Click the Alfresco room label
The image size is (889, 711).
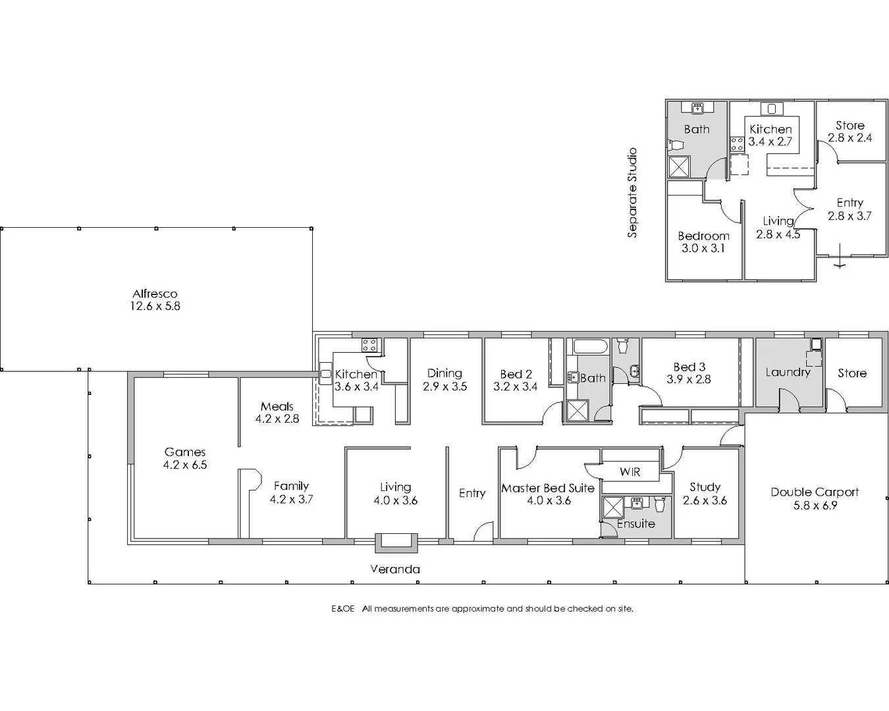click(x=155, y=294)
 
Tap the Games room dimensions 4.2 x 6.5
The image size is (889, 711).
click(x=185, y=465)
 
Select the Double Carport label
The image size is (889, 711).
click(x=815, y=492)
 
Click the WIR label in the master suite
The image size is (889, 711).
click(x=630, y=472)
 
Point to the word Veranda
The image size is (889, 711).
click(x=395, y=569)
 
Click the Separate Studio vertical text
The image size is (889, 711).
click(x=632, y=193)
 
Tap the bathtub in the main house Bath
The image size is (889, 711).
click(x=588, y=347)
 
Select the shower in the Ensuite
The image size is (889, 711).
click(x=613, y=508)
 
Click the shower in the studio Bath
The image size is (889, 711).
click(x=679, y=166)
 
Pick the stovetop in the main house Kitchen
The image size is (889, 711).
click(x=369, y=345)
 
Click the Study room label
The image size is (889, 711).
click(x=705, y=487)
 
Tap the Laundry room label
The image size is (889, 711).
click(x=788, y=372)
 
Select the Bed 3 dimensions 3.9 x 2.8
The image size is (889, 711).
click(x=689, y=379)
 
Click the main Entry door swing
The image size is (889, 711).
click(x=484, y=531)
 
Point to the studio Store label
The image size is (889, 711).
click(x=849, y=125)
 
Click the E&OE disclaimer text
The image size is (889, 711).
click(x=482, y=609)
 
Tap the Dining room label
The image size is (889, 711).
click(x=444, y=373)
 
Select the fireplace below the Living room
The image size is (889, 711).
click(x=396, y=541)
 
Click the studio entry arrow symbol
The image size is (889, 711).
click(x=839, y=263)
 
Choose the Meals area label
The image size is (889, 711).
click(x=277, y=406)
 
